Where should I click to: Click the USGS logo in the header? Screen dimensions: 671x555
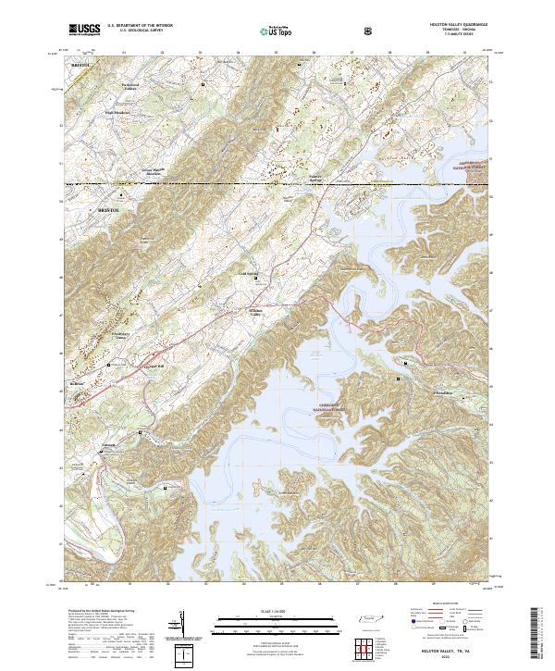click(x=84, y=30)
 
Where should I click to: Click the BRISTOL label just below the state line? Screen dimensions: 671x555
click(x=109, y=211)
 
